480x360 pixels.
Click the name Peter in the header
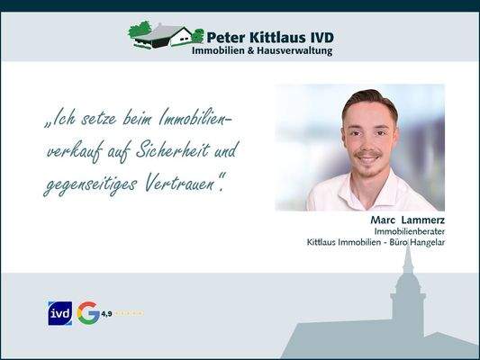pyautogui.click(x=228, y=37)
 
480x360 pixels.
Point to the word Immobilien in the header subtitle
pyautogui.click(x=219, y=51)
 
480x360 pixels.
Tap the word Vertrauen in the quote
pyautogui.click(x=184, y=185)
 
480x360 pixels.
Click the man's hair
pyautogui.click(x=368, y=99)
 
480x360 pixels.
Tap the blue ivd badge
pyautogui.click(x=59, y=313)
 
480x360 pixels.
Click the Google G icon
pyautogui.click(x=88, y=313)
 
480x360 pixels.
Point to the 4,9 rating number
pyautogui.click(x=106, y=313)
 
